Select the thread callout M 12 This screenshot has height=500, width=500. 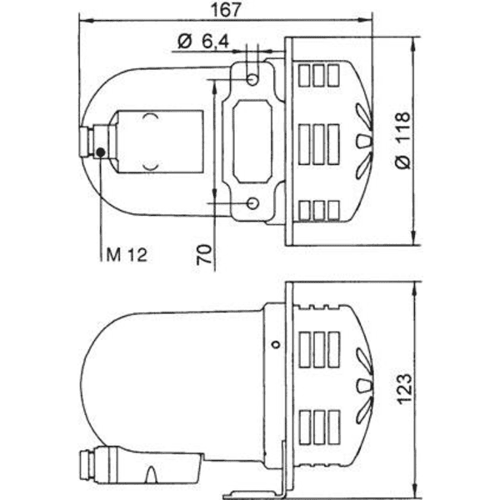[127, 255]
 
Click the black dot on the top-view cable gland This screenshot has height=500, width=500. [101, 152]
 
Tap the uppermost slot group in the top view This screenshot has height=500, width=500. [317, 73]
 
